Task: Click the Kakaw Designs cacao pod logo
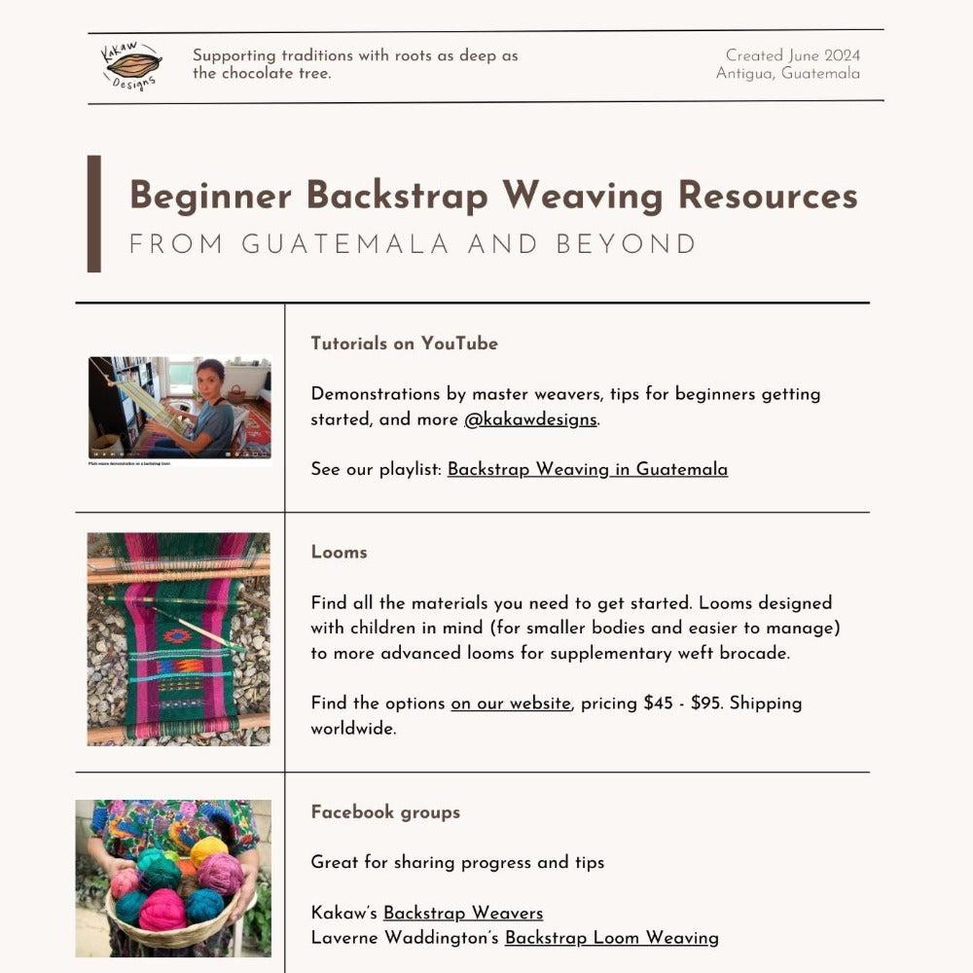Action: coord(131,65)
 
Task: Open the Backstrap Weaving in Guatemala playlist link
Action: coord(587,469)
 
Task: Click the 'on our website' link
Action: coord(510,703)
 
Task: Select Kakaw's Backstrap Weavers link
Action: coord(462,913)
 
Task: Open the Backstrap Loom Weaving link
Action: coord(611,938)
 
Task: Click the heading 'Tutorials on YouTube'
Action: coord(404,343)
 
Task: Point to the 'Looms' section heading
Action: coord(339,552)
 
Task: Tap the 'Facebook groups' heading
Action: coord(385,811)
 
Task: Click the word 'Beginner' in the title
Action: coord(210,196)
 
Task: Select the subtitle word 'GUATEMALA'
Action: coord(345,244)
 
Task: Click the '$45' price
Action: coord(658,703)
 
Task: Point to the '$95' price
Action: coord(705,703)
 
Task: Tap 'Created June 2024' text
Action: coord(792,55)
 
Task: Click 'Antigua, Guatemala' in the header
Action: coord(787,74)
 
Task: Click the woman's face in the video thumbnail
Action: coord(210,378)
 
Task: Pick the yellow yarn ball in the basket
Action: coord(208,850)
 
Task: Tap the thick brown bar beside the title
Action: coord(94,213)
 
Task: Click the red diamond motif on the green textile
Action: coord(178,636)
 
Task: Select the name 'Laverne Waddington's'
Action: coord(405,938)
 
